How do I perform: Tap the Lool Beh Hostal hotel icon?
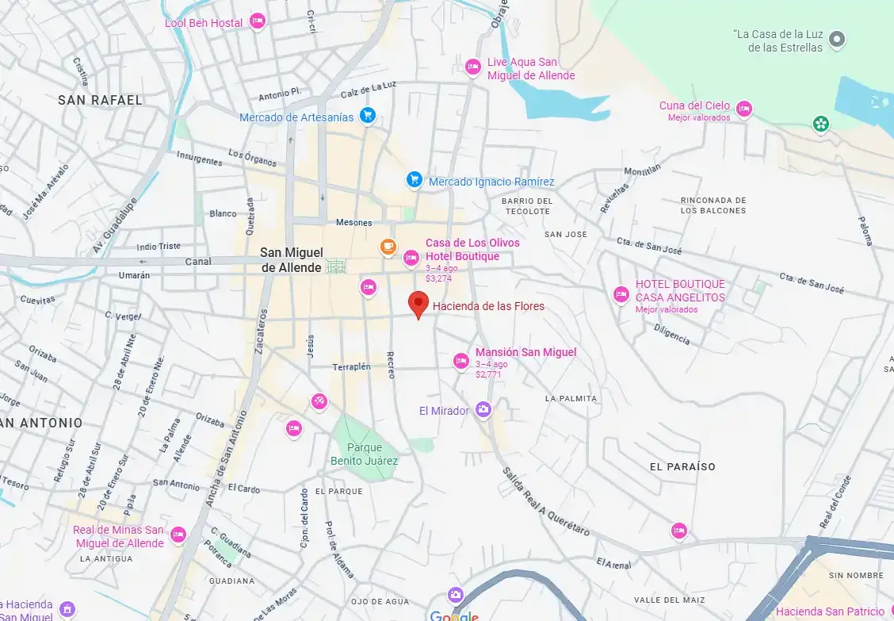pos(257,22)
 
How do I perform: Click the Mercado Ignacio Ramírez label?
pos(491,182)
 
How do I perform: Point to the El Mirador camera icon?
pos(483,410)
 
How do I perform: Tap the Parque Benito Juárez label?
pos(365,454)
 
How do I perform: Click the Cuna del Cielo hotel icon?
pos(743,109)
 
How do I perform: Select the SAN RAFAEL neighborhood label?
pos(100,100)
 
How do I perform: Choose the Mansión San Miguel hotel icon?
pos(460,361)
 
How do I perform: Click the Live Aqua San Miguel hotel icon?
pos(473,67)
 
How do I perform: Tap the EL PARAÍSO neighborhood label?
pos(682,466)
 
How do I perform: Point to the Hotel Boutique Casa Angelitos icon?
pos(621,294)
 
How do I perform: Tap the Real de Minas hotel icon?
pos(178,535)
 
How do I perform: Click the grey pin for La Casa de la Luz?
pos(836,39)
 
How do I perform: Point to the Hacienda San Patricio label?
pos(829,611)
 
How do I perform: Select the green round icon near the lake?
pos(821,124)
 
